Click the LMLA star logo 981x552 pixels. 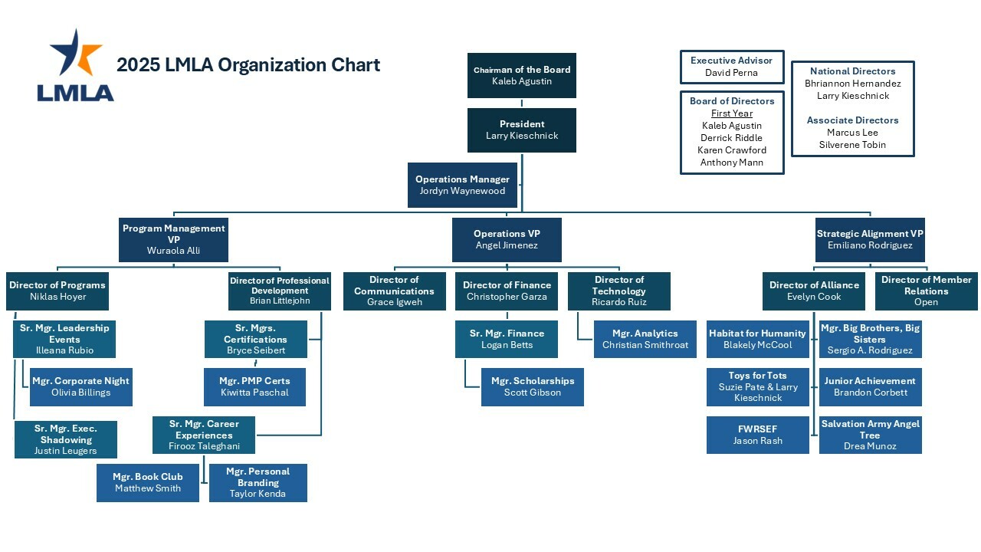coord(76,65)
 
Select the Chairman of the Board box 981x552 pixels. coord(521,75)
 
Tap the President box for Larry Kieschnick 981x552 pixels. coord(521,130)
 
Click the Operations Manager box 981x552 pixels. coord(462,186)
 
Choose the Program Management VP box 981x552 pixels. coord(173,239)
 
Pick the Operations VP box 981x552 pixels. coord(506,239)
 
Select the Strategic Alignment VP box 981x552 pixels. coord(869,239)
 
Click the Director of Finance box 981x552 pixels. coord(506,291)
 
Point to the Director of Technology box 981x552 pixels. coord(618,291)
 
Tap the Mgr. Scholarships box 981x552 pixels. coord(532,386)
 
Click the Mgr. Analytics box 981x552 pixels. coord(645,339)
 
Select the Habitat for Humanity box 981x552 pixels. coord(757,339)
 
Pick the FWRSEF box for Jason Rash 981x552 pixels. coord(757,435)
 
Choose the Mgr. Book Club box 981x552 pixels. coord(147,482)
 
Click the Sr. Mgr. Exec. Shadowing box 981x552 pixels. coord(65,439)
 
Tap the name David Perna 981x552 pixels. coord(731,73)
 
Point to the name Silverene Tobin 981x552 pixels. coord(852,145)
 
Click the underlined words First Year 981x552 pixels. coord(731,113)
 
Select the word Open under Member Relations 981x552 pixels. coord(926,302)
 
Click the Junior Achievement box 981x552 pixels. coord(870,386)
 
